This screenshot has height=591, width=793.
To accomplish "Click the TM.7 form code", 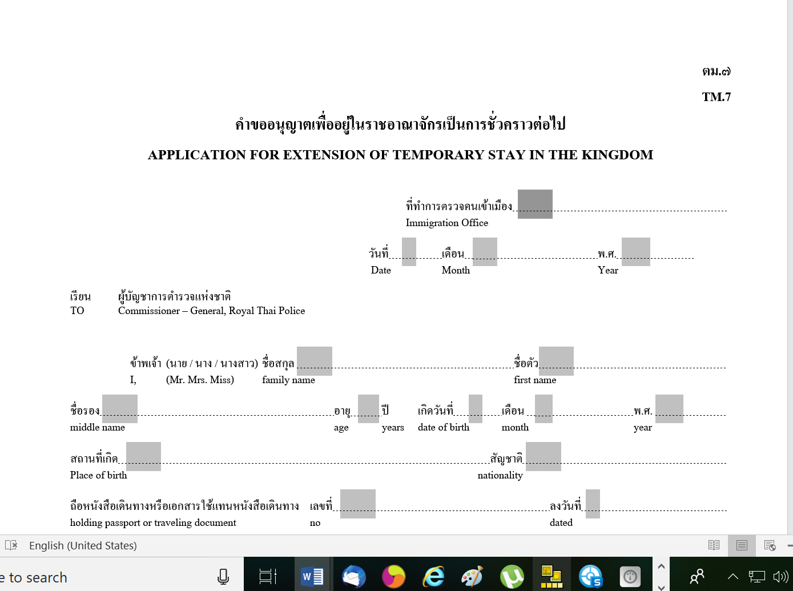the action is click(716, 97).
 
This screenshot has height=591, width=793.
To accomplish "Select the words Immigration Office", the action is click(446, 223).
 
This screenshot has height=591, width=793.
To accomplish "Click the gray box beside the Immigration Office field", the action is click(535, 204).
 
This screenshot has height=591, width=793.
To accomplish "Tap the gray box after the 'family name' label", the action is click(314, 361).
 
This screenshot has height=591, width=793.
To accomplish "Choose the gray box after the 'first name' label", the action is click(556, 361).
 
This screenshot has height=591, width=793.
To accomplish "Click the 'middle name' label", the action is click(97, 427).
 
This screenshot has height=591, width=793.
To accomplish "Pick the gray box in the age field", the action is click(368, 409).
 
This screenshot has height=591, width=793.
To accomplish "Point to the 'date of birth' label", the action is click(444, 427).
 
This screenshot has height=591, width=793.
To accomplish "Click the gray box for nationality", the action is click(543, 456).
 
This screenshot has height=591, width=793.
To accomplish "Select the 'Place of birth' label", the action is click(98, 475).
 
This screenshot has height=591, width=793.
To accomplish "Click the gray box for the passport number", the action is click(357, 504).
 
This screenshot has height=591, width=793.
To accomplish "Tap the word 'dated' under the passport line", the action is click(561, 522).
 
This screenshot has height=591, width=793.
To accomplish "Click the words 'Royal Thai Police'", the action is click(267, 311).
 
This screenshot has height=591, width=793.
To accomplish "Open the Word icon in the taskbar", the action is click(312, 577).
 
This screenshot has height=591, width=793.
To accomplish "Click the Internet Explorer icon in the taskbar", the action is click(433, 577).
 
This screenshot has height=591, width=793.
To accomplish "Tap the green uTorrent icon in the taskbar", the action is click(512, 577).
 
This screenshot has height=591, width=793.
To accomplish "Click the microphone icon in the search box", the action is click(223, 577).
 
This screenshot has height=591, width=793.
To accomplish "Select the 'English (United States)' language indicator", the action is click(83, 545).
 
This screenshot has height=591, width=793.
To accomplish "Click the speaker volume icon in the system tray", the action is click(780, 577).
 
